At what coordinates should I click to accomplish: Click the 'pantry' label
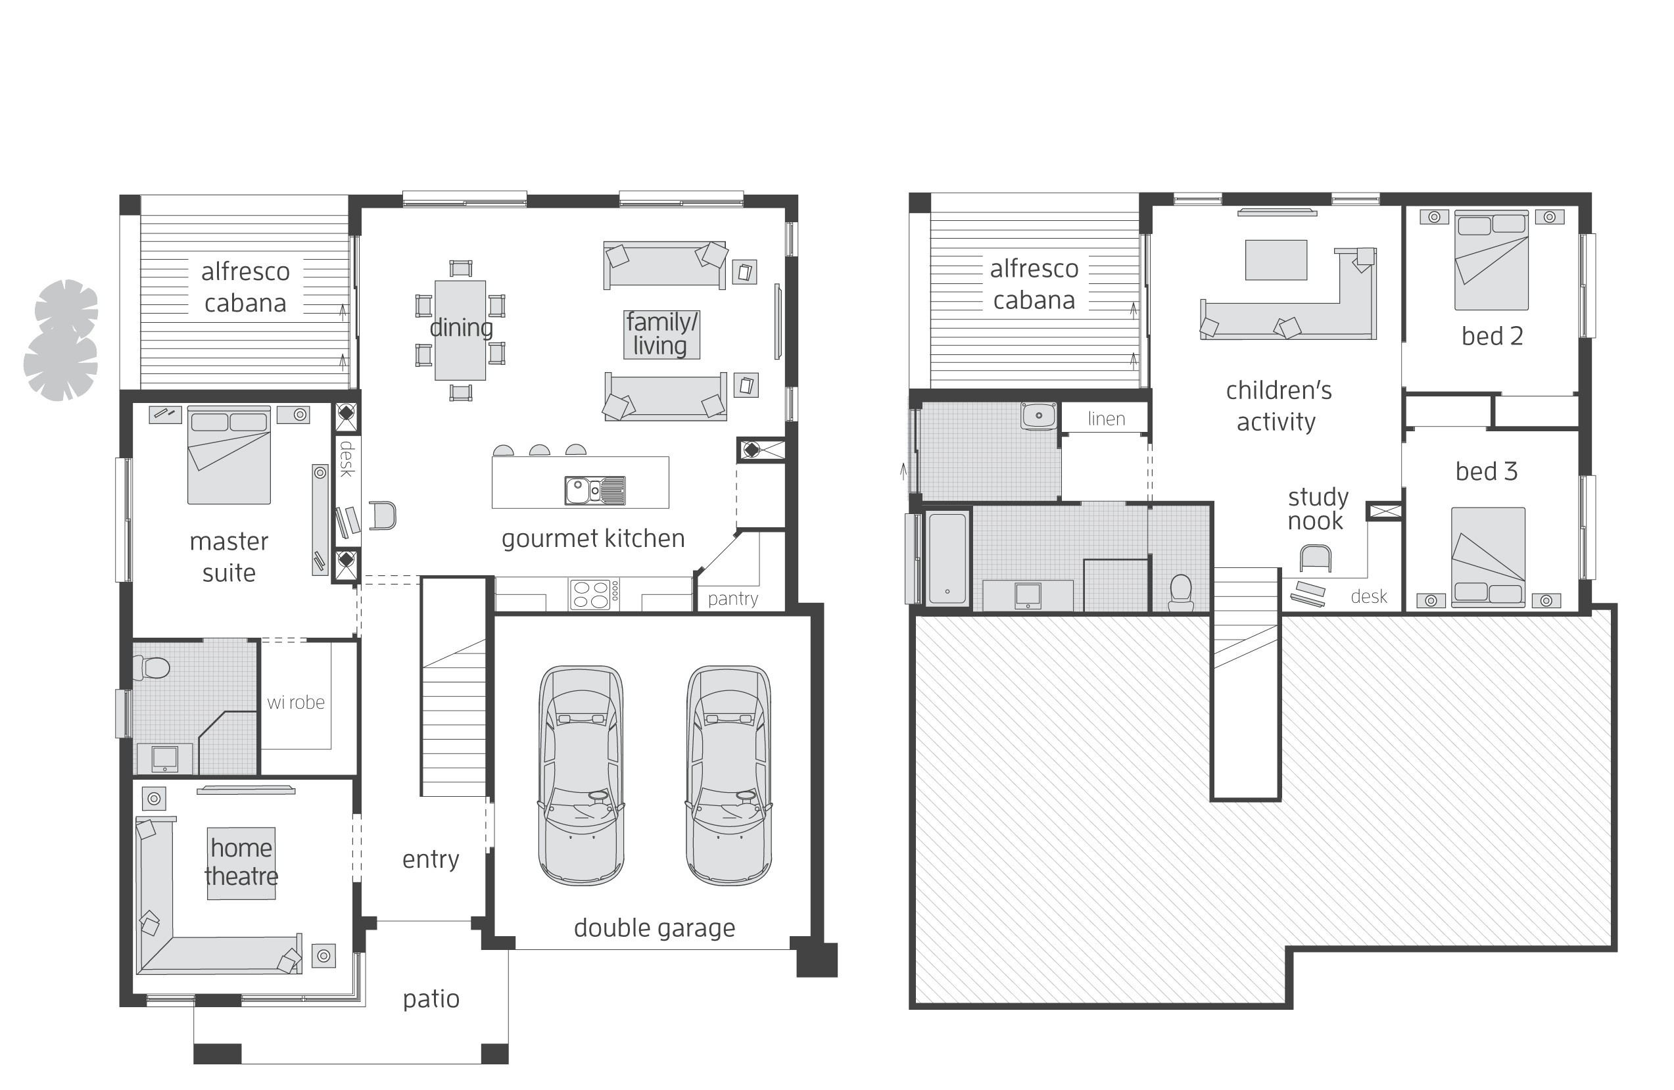[x=733, y=598]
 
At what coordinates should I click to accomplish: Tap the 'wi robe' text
[x=296, y=702]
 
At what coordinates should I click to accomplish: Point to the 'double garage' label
[x=654, y=928]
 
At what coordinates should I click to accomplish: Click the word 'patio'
[x=431, y=999]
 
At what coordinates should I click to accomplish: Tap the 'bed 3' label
[x=1486, y=471]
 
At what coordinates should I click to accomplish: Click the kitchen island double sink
[x=595, y=490]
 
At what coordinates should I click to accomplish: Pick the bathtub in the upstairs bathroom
[x=947, y=557]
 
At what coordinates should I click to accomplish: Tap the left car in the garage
[x=581, y=774]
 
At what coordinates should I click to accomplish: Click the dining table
[x=460, y=330]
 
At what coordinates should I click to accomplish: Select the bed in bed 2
[x=1491, y=260]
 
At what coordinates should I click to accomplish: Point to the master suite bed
[x=229, y=455]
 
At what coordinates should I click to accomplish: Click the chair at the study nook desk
[x=1315, y=558]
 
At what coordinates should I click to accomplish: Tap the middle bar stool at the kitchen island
[x=539, y=450]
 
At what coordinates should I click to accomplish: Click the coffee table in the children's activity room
[x=1276, y=260]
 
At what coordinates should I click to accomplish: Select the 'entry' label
[x=431, y=859]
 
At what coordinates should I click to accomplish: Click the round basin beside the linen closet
[x=1038, y=415]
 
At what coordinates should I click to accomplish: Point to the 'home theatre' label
[x=241, y=862]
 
